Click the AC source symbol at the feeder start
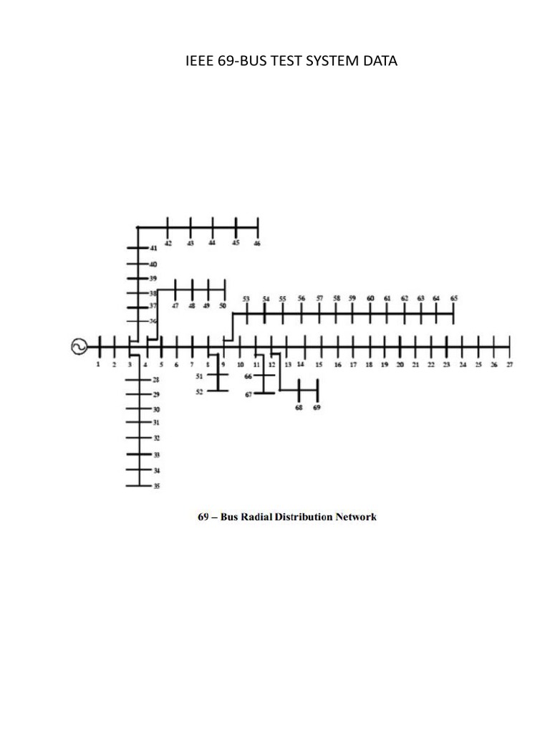tap(77, 347)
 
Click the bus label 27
tap(510, 365)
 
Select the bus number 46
tap(257, 244)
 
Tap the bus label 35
tap(156, 487)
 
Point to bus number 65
tap(454, 298)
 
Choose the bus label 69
tap(317, 407)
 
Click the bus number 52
tap(199, 391)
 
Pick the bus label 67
tap(249, 394)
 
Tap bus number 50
tap(222, 306)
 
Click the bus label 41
tap(153, 248)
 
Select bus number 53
tap(246, 299)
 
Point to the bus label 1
tap(98, 365)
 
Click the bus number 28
tap(156, 380)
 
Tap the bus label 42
tap(168, 244)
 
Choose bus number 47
tap(175, 306)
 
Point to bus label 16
tap(338, 365)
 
